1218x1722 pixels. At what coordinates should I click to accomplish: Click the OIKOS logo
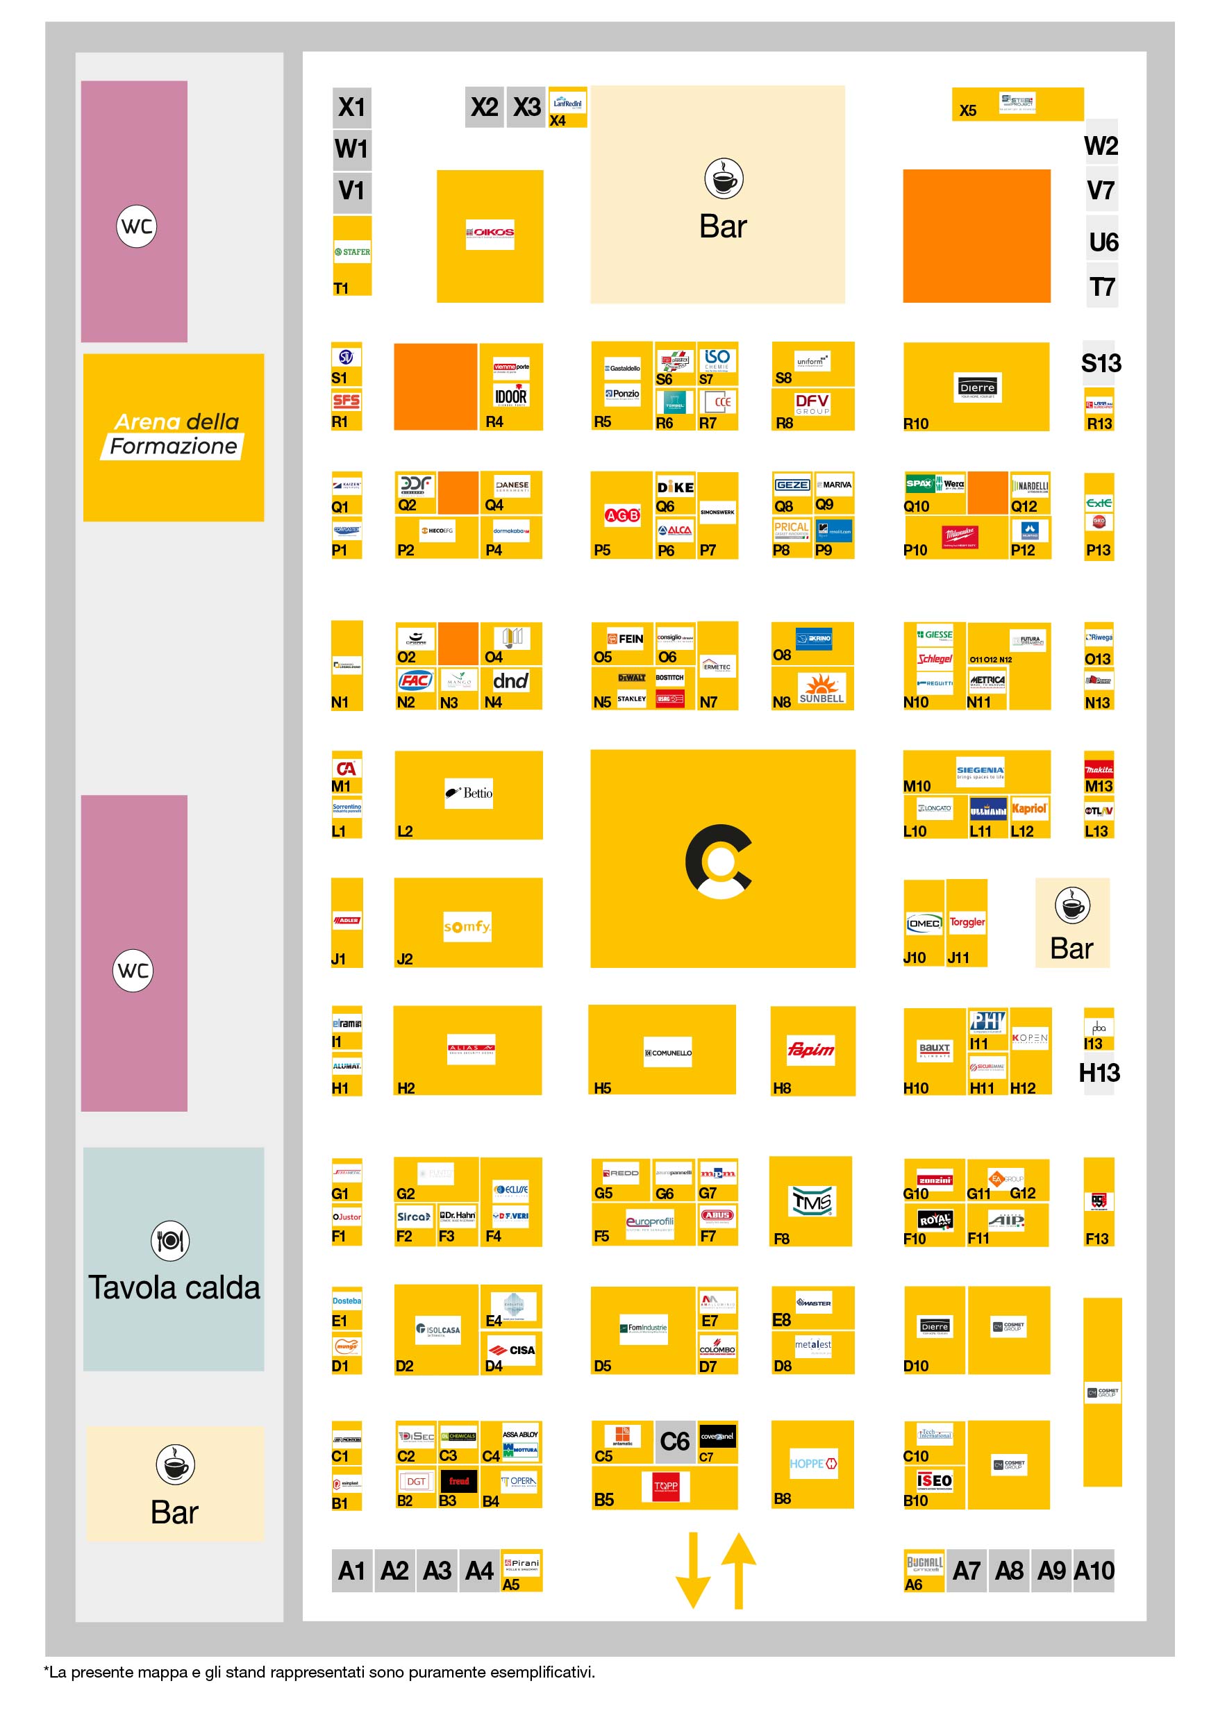pyautogui.click(x=490, y=233)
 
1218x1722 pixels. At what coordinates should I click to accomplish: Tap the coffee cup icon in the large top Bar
pyautogui.click(x=724, y=178)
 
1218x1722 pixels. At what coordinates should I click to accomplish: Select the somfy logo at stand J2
pyautogui.click(x=467, y=926)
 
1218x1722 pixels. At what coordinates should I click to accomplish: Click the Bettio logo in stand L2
pyautogui.click(x=469, y=793)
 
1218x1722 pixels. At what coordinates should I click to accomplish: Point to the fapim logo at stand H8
pyautogui.click(x=811, y=1049)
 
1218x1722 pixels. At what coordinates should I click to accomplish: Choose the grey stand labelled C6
pyautogui.click(x=675, y=1441)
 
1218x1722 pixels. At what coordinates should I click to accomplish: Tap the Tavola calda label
pyautogui.click(x=174, y=1288)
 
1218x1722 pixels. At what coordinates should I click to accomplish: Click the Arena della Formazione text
pyautogui.click(x=174, y=434)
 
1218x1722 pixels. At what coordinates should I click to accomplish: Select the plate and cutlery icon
pyautogui.click(x=170, y=1241)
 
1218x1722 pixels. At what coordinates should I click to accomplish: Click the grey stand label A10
pyautogui.click(x=1094, y=1571)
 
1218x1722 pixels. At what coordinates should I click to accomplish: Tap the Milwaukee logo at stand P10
pyautogui.click(x=960, y=536)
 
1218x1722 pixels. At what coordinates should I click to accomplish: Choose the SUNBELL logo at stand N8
pyautogui.click(x=821, y=687)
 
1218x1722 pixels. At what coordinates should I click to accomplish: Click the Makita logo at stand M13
pyautogui.click(x=1099, y=769)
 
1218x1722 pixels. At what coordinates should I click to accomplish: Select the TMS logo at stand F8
pyautogui.click(x=812, y=1201)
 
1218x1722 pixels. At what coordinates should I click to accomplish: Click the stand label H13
pyautogui.click(x=1099, y=1073)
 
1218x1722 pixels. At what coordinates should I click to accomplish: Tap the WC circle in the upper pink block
pyautogui.click(x=137, y=226)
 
